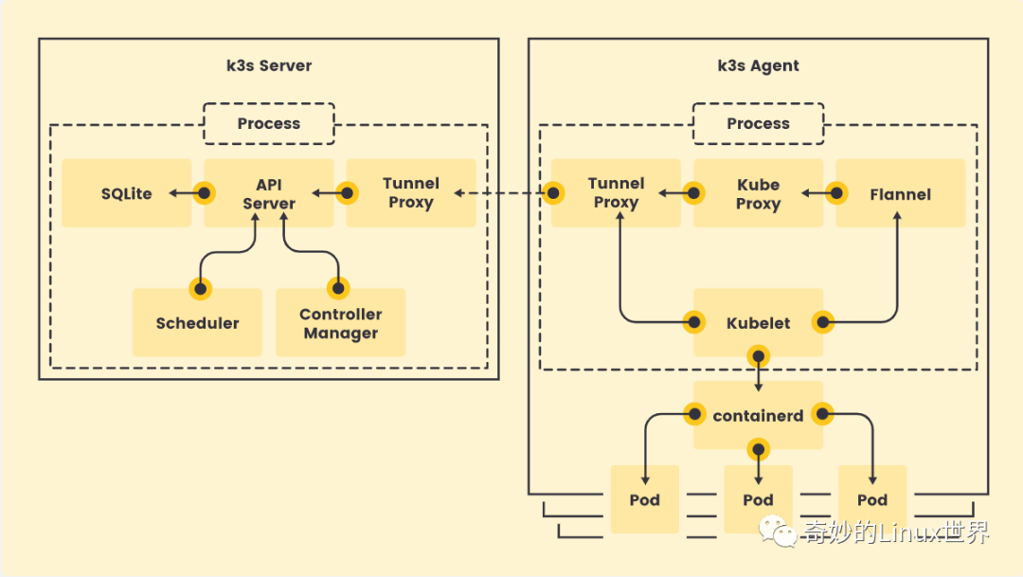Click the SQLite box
click(126, 193)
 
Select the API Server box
click(268, 193)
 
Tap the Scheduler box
click(197, 323)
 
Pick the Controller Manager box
click(340, 323)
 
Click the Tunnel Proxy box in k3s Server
click(410, 192)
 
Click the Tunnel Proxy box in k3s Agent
click(616, 192)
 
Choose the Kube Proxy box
click(758, 193)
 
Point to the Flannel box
click(900, 194)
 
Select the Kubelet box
click(758, 323)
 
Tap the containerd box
click(758, 416)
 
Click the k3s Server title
click(268, 66)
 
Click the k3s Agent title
click(758, 66)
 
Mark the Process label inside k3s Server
click(269, 123)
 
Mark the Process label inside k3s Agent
click(758, 123)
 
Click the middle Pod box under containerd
click(758, 499)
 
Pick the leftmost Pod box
click(644, 499)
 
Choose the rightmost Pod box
click(871, 499)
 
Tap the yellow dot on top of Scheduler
click(200, 288)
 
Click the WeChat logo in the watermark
click(782, 532)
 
